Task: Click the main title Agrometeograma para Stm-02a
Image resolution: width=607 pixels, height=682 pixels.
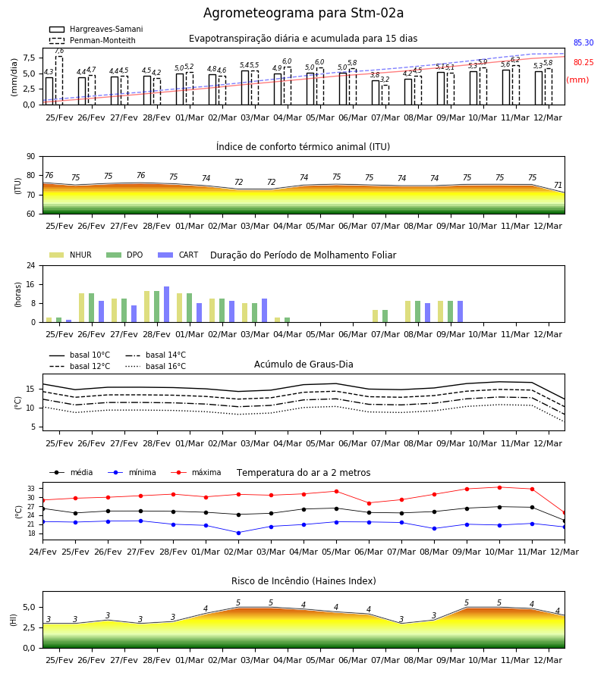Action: tap(303, 13)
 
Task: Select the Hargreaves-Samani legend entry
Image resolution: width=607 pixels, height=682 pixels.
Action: tap(96, 29)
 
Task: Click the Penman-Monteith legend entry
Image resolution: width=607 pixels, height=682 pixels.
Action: tap(93, 40)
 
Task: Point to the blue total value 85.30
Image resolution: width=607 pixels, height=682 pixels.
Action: tap(583, 42)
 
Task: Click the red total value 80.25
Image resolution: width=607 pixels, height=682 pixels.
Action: tap(583, 62)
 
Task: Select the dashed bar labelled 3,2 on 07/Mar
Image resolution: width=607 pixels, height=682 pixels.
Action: tap(385, 95)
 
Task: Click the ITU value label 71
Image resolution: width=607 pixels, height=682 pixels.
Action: tap(558, 186)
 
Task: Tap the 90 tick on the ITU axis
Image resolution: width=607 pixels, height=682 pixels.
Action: tap(30, 157)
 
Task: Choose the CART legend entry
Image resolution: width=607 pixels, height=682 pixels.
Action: tap(178, 255)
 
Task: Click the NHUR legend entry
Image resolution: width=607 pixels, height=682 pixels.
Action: tap(71, 255)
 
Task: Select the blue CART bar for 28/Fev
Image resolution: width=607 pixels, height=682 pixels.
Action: tap(166, 305)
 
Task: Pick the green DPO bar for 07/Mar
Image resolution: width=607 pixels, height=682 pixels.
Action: tap(385, 316)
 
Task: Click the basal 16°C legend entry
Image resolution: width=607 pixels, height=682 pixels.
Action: tap(156, 366)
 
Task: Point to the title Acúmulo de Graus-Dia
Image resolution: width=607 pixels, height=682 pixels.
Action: tap(303, 364)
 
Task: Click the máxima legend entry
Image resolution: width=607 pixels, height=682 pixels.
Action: tap(196, 472)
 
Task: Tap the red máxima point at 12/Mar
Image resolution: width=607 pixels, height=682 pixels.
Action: tap(565, 513)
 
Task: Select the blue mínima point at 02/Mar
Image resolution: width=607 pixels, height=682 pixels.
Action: tap(238, 533)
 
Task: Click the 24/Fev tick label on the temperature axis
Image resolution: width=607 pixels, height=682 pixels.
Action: tap(42, 552)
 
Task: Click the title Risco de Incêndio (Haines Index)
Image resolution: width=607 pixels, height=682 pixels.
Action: tap(303, 580)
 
